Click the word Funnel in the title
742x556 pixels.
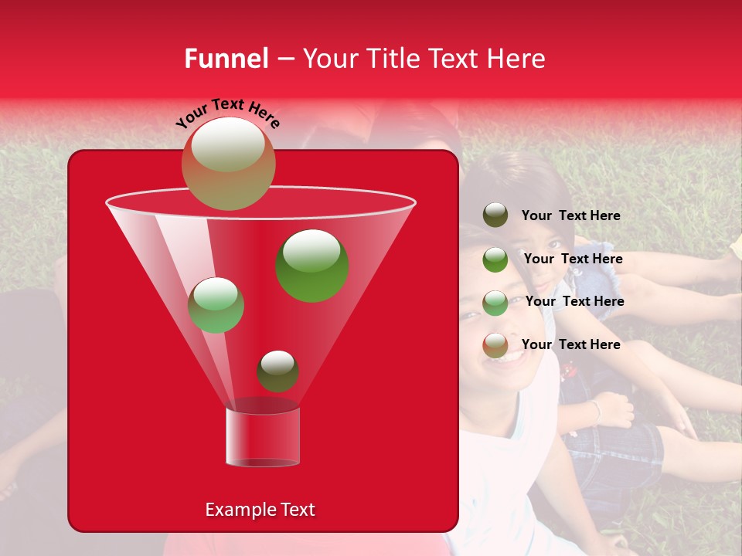pos(226,59)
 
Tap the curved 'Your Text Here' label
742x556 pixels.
pos(228,113)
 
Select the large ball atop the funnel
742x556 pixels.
pos(228,163)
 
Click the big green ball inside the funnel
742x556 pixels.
pos(311,265)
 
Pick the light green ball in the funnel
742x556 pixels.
pos(216,305)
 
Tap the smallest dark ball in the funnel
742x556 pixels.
pos(277,371)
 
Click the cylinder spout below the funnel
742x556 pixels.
pos(263,437)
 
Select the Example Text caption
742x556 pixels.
pos(260,510)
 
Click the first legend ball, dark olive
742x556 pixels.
pos(495,215)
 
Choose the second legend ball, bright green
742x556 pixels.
pos(495,259)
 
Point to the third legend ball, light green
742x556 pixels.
pos(495,302)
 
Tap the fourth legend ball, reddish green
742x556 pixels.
pos(495,345)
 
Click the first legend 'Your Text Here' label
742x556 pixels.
pos(570,216)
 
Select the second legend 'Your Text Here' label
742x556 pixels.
pos(573,259)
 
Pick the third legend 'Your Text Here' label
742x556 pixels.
pos(574,302)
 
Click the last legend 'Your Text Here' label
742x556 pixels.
pos(570,344)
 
